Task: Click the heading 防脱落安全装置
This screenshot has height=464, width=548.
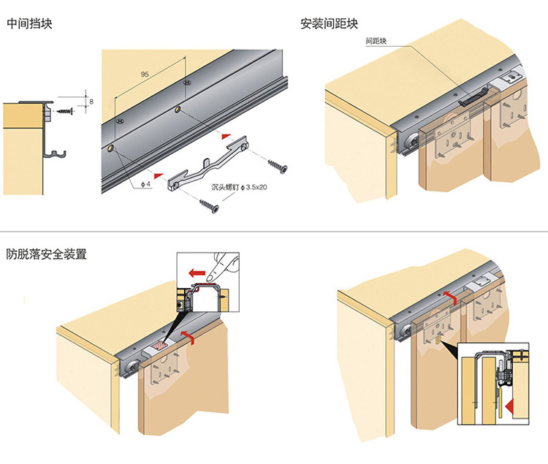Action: pyautogui.click(x=46, y=255)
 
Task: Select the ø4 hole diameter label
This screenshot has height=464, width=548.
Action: pyautogui.click(x=145, y=184)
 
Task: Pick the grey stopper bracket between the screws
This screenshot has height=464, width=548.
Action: pyautogui.click(x=207, y=165)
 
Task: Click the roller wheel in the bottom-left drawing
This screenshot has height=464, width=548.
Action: pyautogui.click(x=132, y=366)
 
